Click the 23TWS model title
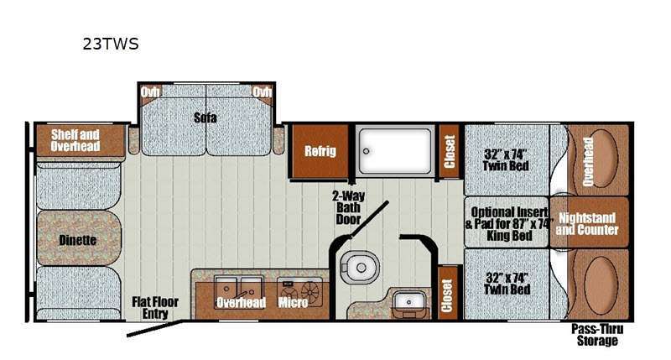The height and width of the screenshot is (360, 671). [110, 44]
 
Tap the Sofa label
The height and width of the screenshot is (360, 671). [205, 117]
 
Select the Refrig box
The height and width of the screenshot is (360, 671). [320, 151]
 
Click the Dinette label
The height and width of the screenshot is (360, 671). [78, 240]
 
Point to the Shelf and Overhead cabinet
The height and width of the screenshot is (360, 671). [75, 140]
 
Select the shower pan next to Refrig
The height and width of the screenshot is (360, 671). [394, 151]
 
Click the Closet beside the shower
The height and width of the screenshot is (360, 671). [449, 151]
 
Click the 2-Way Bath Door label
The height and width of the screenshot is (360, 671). [346, 206]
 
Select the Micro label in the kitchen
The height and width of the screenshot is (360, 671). [293, 302]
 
